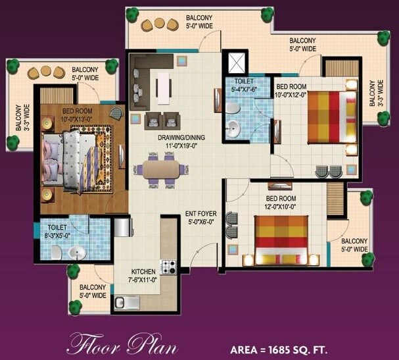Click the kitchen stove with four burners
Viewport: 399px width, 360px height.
(x=169, y=267)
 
